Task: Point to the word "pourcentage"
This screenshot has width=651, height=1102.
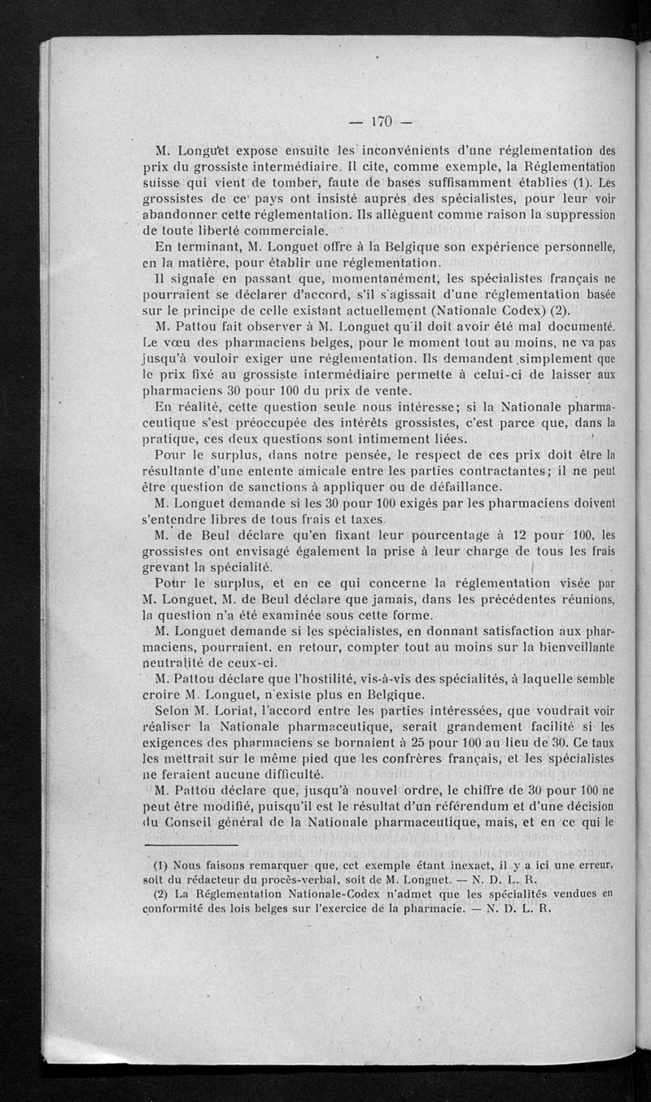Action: [409, 535]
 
